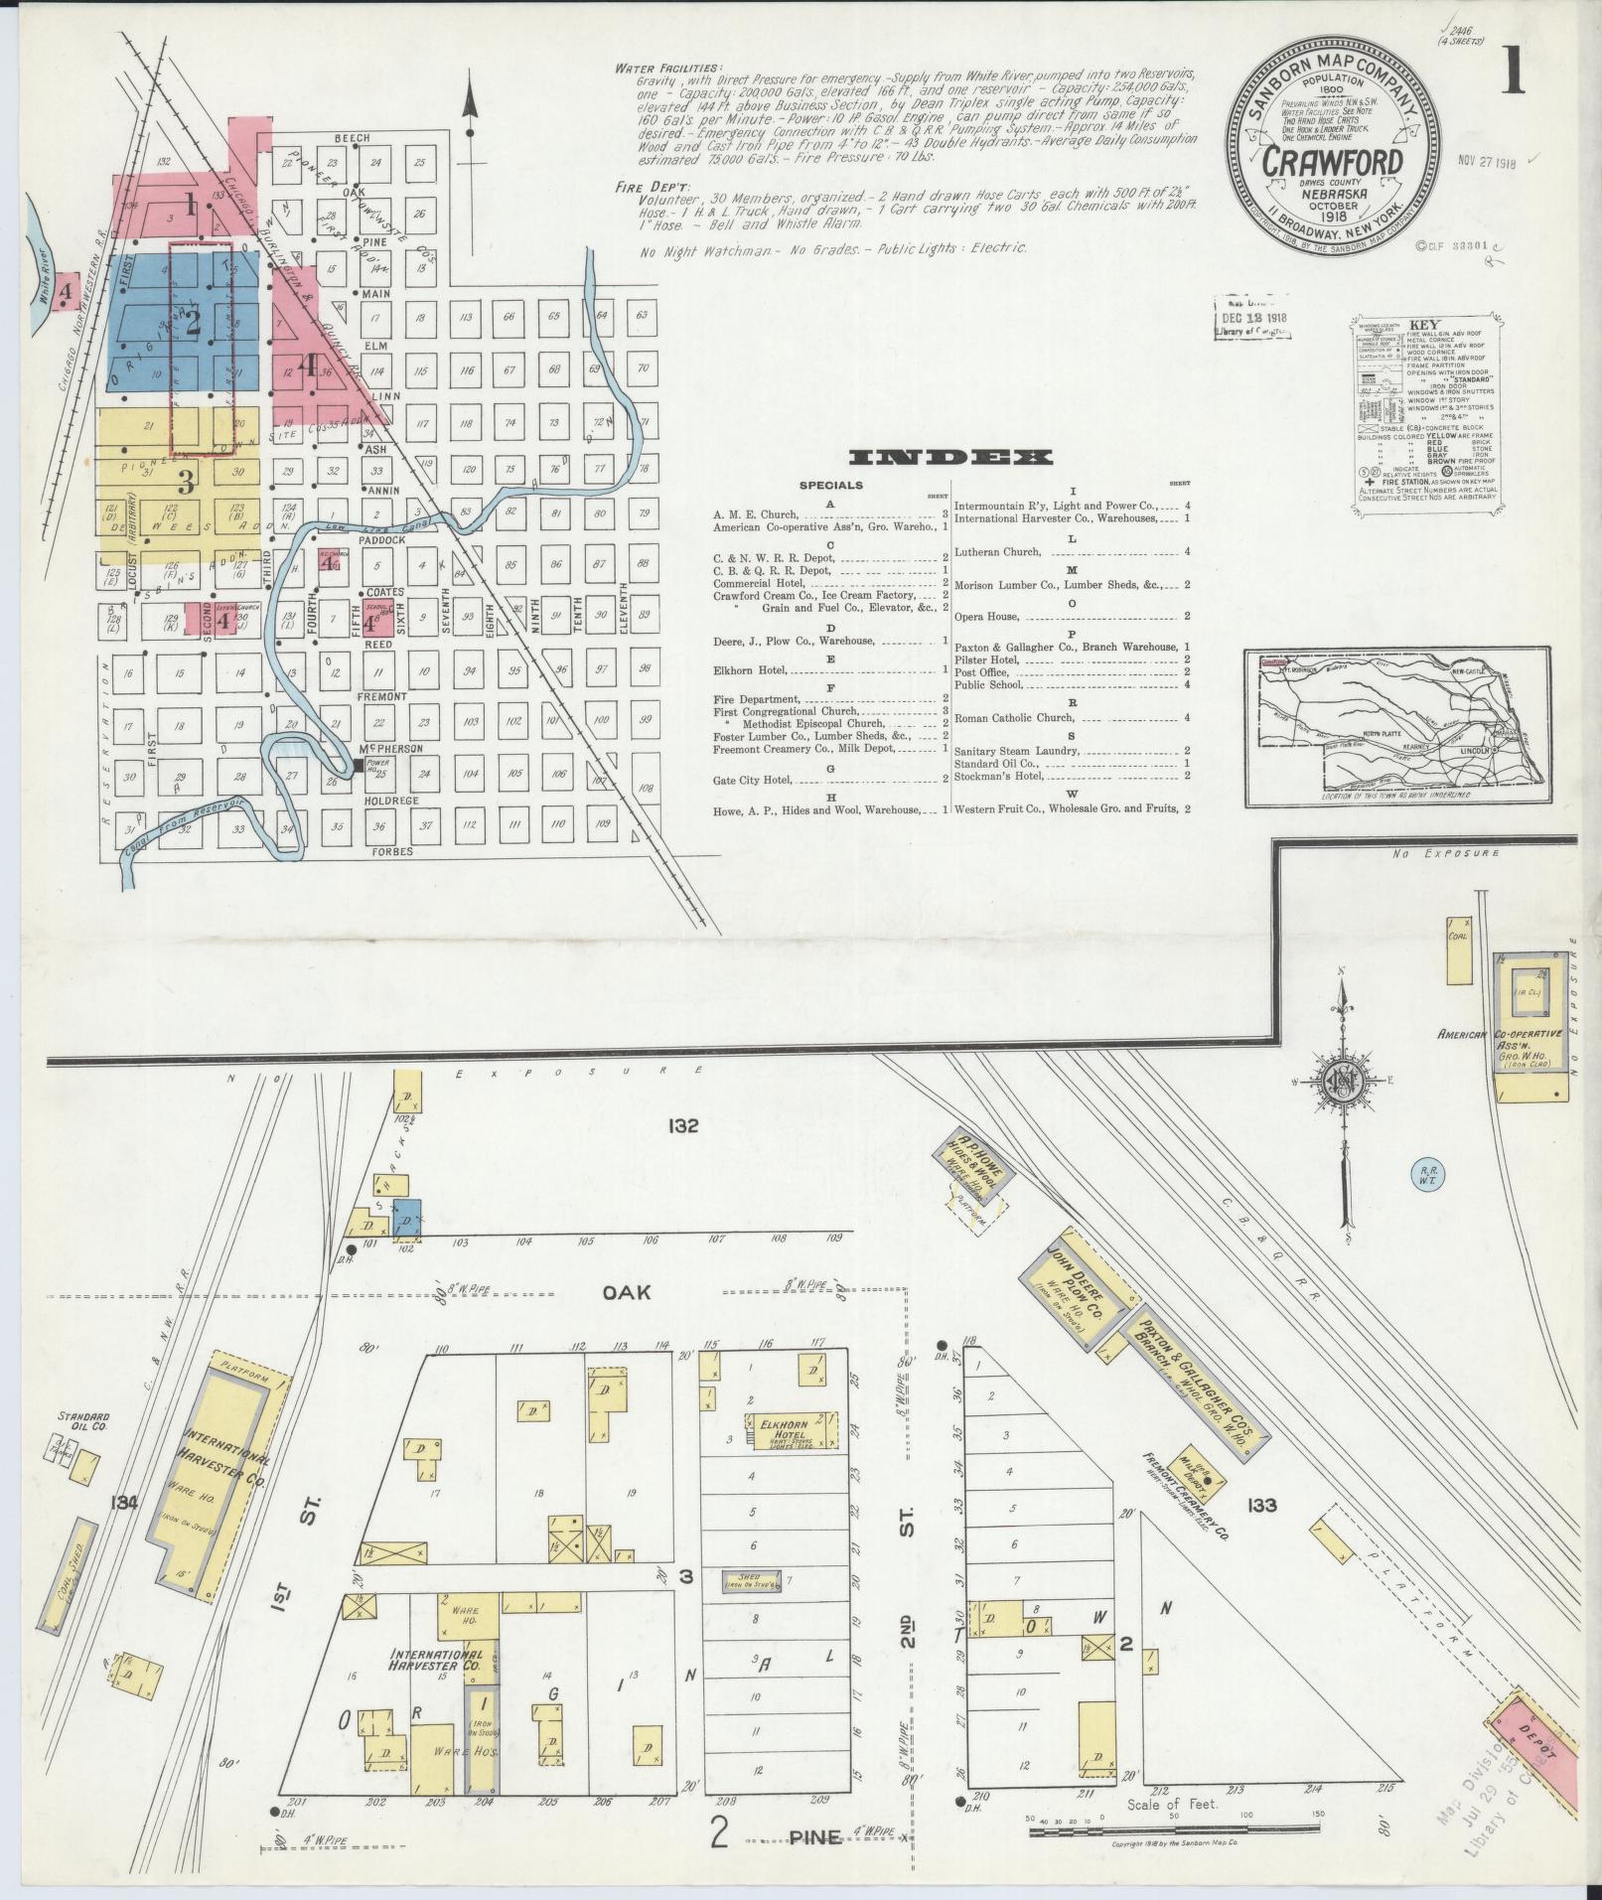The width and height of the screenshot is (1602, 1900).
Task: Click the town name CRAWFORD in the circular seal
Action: pos(1332,162)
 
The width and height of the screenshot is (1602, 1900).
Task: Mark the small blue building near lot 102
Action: pos(407,1218)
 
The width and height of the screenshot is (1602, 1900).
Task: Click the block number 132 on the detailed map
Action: pos(683,1126)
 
